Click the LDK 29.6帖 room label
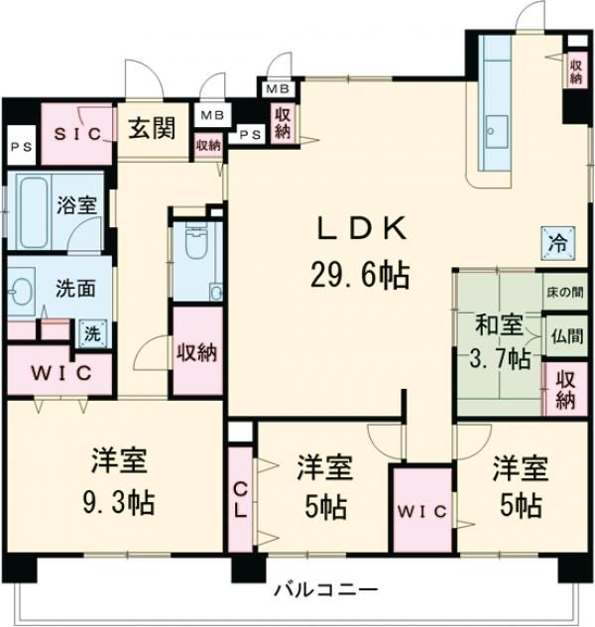pos(359,252)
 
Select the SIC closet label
pos(77,134)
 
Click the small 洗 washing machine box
pos(90,333)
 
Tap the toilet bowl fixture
pos(194,237)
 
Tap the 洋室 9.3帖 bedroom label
pos(120,481)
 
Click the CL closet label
pos(241,500)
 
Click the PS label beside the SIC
pos(19,147)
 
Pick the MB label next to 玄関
pos(211,115)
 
